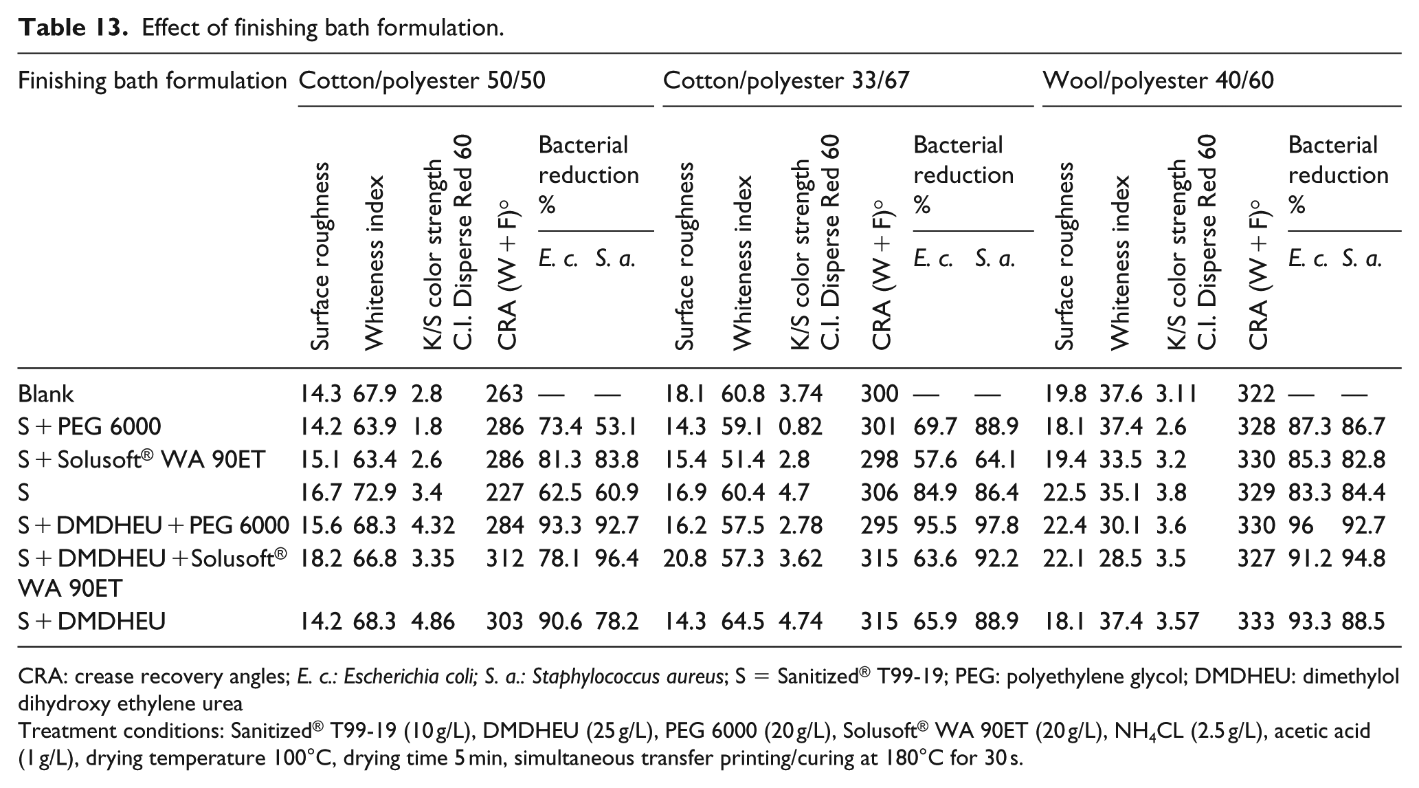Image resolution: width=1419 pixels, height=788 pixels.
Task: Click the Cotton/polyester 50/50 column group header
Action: click(x=422, y=81)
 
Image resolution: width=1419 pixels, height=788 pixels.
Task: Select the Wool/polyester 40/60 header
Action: click(x=1159, y=81)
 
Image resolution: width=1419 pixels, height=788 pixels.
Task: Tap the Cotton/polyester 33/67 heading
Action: click(x=786, y=81)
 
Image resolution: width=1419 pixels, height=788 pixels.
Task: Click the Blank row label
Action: click(x=45, y=394)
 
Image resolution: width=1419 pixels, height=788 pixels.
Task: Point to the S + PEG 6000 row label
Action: click(x=89, y=427)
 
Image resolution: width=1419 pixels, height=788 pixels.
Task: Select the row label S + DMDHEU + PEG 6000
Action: click(x=153, y=526)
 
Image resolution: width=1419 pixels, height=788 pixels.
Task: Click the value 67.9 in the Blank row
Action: click(x=375, y=394)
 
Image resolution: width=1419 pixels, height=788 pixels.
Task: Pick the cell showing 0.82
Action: click(x=801, y=427)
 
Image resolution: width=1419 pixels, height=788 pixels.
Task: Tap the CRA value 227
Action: click(x=504, y=493)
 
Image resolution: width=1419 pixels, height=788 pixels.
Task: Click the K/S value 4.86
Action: click(x=433, y=622)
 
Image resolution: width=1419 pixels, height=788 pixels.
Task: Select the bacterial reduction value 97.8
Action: click(x=996, y=526)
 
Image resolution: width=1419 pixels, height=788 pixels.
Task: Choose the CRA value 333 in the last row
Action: click(x=1256, y=622)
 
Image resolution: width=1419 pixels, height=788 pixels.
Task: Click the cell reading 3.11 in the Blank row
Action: click(x=1176, y=394)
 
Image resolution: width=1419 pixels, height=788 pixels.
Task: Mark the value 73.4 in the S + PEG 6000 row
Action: click(x=560, y=427)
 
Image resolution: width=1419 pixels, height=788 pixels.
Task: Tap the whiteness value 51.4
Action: click(x=743, y=460)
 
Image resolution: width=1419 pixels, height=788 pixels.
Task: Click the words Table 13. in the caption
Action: click(x=75, y=28)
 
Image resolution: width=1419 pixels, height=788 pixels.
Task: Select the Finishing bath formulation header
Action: click(x=152, y=81)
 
